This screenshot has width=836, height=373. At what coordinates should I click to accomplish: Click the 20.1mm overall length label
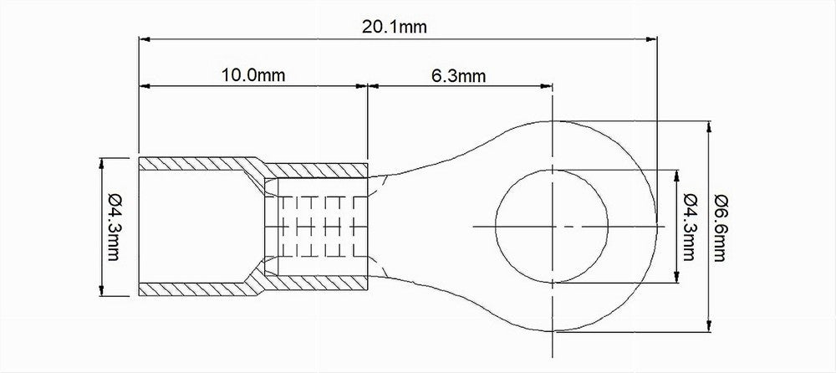click(x=395, y=27)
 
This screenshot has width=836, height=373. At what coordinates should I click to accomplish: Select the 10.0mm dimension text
click(x=253, y=74)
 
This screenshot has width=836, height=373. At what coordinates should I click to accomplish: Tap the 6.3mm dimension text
click(x=458, y=76)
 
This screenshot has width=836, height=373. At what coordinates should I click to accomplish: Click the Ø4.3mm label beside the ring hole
click(x=689, y=227)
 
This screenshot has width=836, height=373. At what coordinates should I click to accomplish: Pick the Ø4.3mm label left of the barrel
click(x=114, y=227)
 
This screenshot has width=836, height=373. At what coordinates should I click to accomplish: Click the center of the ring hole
click(x=553, y=227)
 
